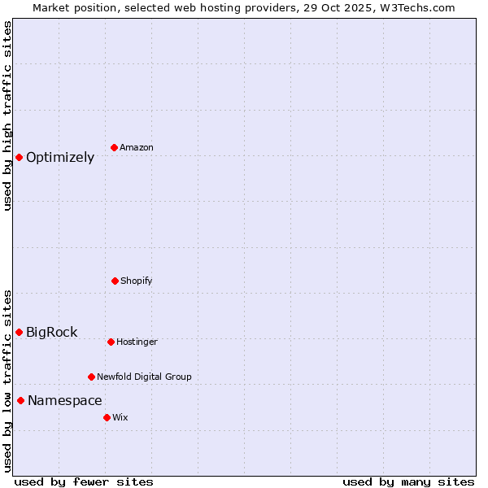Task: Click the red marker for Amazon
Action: tap(114, 147)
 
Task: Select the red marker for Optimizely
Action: tap(19, 157)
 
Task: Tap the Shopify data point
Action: tap(115, 281)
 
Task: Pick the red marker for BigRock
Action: tap(19, 332)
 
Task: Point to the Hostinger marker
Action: tap(111, 342)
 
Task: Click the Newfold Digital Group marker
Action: tap(91, 377)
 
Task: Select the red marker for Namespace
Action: tap(20, 400)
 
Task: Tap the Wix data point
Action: tap(107, 417)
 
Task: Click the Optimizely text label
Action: tap(60, 158)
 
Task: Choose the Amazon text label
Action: tap(137, 148)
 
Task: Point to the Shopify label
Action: tap(137, 281)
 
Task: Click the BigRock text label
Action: tap(52, 332)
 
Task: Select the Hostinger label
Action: tap(137, 342)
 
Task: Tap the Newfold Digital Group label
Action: tap(144, 377)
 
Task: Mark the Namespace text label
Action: tap(65, 401)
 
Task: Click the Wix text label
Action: tap(120, 418)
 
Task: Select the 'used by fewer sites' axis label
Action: tap(84, 482)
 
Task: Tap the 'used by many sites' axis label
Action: tap(408, 482)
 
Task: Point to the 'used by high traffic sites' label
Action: tap(7, 116)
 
